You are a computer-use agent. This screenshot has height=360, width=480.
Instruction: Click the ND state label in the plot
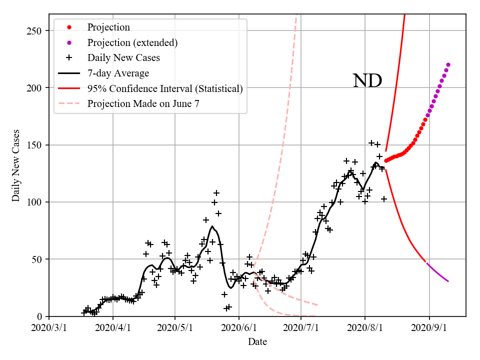[x=367, y=81]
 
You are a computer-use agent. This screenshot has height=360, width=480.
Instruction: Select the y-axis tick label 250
[x=35, y=31]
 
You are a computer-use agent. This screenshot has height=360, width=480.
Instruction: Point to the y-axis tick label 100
[x=35, y=202]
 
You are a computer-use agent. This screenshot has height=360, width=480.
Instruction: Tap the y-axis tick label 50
[x=37, y=259]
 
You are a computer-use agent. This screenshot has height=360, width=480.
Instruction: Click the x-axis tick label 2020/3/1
[x=49, y=328]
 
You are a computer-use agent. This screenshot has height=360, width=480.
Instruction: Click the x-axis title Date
[x=257, y=342]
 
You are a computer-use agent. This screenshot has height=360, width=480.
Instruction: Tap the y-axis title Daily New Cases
[x=16, y=165]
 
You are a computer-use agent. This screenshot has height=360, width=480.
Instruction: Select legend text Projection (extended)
[x=132, y=42]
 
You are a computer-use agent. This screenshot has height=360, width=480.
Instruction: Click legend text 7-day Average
[x=118, y=73]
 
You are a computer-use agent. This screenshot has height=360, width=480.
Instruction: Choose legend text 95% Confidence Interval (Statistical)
[x=165, y=88]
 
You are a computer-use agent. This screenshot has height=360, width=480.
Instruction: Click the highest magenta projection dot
[x=448, y=64]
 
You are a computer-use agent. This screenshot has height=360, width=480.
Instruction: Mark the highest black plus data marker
[x=371, y=143]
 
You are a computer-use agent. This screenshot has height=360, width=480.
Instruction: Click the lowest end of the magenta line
[x=448, y=281]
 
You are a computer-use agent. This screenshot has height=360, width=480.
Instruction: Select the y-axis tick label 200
[x=35, y=88]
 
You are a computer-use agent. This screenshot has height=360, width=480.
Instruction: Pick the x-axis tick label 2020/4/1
[x=112, y=328]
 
